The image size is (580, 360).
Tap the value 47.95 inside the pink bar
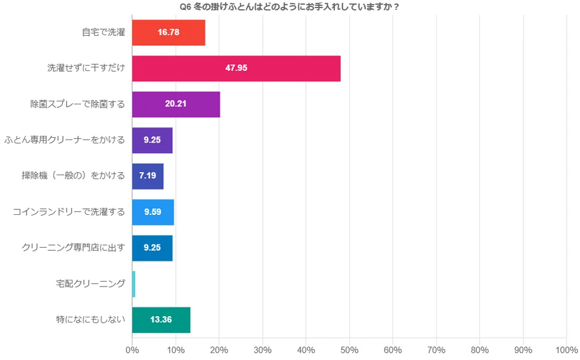pyautogui.click(x=236, y=68)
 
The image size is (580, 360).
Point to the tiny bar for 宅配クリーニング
pyautogui.click(x=133, y=284)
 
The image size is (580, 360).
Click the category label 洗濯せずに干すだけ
pyautogui.click(x=86, y=68)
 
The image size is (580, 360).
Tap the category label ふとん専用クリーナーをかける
pyautogui.click(x=65, y=140)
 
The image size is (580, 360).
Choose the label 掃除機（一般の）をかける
pyautogui.click(x=73, y=176)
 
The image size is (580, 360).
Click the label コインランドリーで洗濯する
pyautogui.click(x=69, y=212)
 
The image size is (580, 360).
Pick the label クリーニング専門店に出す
pyautogui.click(x=73, y=248)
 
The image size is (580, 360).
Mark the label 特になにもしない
pyautogui.click(x=91, y=320)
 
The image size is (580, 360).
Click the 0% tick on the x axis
pyautogui.click(x=132, y=350)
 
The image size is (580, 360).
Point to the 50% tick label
pyautogui.click(x=349, y=350)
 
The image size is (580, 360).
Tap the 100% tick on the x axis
pyautogui.click(x=566, y=350)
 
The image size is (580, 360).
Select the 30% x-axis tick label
pyautogui.click(x=262, y=350)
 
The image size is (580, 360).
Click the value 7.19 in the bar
pyautogui.click(x=147, y=176)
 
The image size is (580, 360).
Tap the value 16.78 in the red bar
pyautogui.click(x=168, y=32)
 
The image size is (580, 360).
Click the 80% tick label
pyautogui.click(x=479, y=350)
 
